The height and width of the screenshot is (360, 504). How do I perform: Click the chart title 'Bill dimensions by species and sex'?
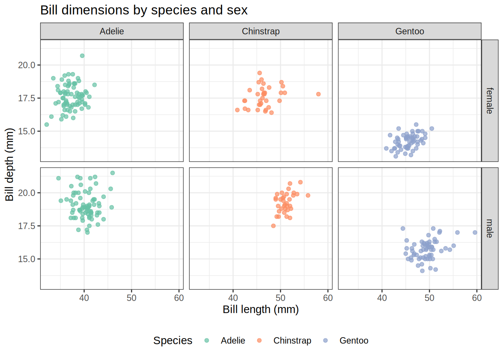tap(144, 10)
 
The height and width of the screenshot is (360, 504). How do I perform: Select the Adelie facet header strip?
tap(112, 31)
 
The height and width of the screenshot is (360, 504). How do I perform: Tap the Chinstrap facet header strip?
tap(261, 31)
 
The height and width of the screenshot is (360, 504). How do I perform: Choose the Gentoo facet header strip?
tap(409, 31)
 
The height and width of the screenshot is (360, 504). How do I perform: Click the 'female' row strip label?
tap(490, 100)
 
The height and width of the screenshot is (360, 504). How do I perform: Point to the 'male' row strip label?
tap(490, 228)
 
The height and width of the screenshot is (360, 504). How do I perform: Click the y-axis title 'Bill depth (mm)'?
tap(9, 164)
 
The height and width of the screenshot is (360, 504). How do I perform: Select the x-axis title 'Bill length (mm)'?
tap(261, 309)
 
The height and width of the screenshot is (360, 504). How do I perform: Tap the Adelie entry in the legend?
tap(232, 340)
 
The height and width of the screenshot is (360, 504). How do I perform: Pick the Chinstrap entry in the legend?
tap(292, 340)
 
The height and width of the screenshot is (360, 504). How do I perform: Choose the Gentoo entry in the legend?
tap(354, 340)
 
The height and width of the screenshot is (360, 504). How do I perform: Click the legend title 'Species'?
tap(172, 340)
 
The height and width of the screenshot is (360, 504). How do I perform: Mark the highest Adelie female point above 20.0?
tap(82, 56)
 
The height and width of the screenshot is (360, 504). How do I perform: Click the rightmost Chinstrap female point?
tap(318, 94)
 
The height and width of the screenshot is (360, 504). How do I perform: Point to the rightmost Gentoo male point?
tap(475, 232)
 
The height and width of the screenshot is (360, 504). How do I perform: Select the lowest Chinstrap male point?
tap(273, 226)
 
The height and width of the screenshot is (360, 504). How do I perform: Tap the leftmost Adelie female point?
tap(46, 124)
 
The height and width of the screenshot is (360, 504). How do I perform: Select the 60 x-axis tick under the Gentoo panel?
tap(477, 298)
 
